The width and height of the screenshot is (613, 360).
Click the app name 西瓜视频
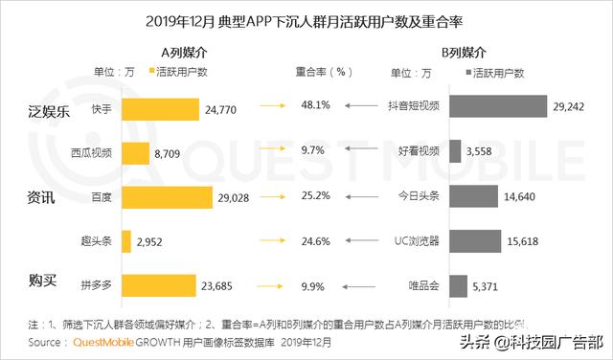(91, 153)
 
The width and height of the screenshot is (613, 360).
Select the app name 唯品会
(422, 284)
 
